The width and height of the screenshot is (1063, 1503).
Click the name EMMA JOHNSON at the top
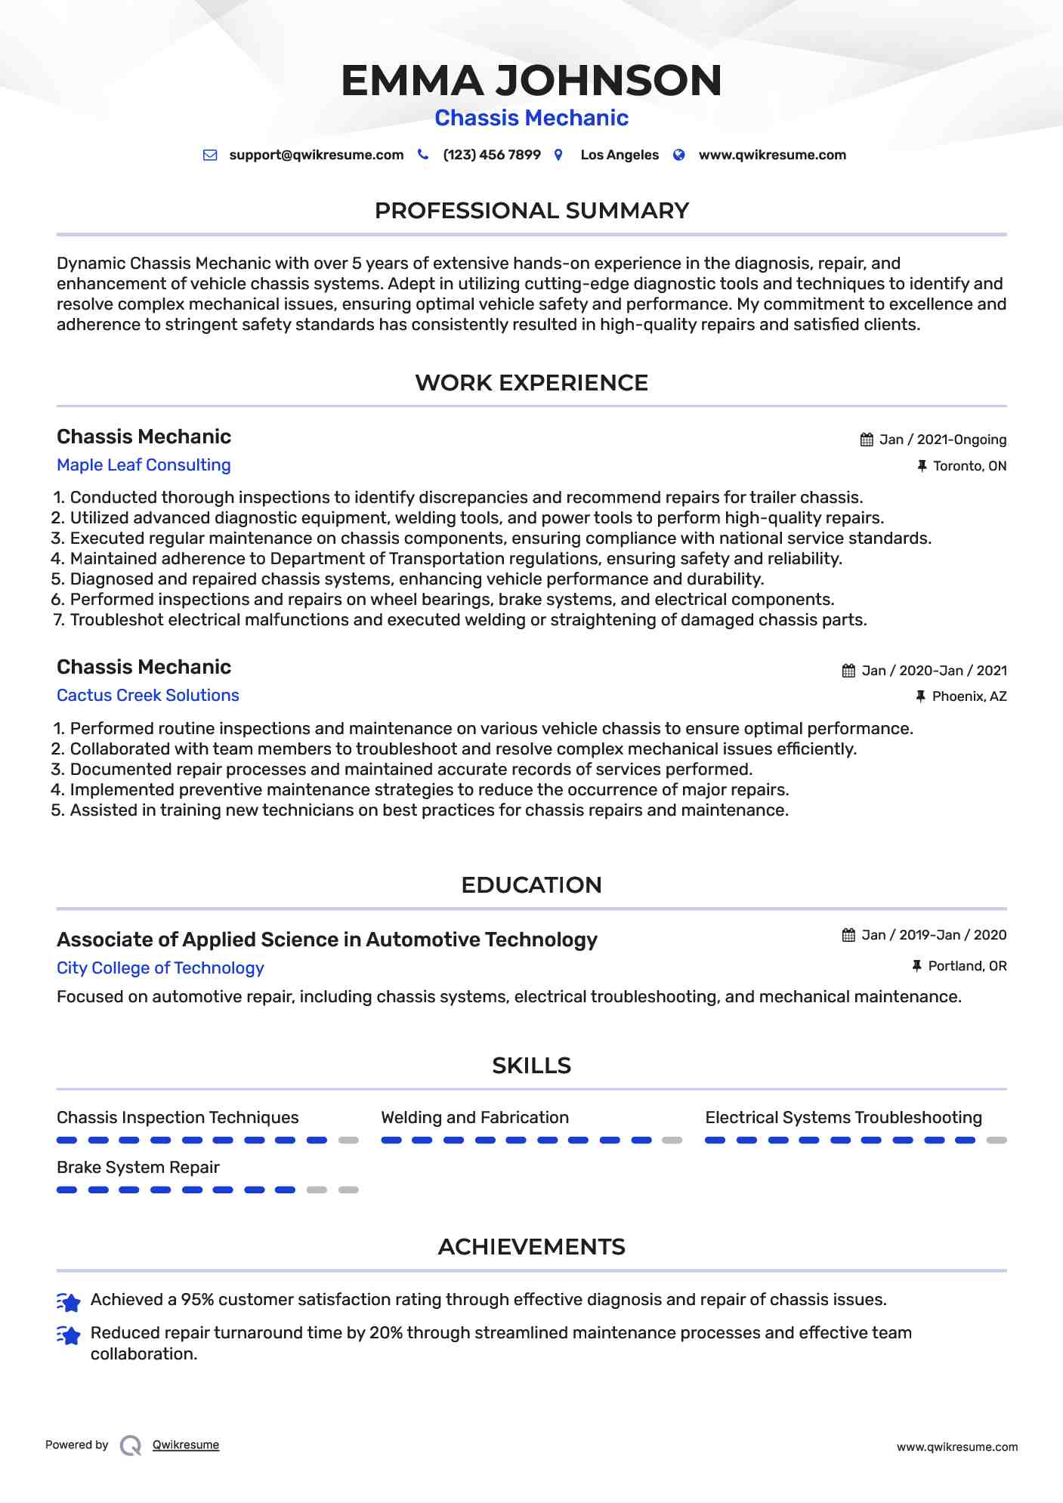tap(531, 81)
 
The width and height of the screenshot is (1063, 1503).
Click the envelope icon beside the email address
tap(210, 155)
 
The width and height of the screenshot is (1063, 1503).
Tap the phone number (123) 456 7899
tap(491, 155)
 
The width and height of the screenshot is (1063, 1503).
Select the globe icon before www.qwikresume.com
tap(679, 155)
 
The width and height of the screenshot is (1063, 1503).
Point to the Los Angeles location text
tap(619, 155)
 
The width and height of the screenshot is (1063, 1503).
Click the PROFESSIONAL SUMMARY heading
tap(531, 211)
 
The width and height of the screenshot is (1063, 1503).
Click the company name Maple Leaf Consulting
tap(144, 465)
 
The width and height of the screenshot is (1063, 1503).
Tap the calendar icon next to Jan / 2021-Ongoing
tap(867, 440)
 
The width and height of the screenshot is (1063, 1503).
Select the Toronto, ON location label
tap(969, 466)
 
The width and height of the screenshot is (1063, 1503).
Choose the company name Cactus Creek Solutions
tap(148, 696)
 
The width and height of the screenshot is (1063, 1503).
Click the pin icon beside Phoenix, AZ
tap(920, 696)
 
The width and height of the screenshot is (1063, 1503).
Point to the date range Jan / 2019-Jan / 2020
tap(934, 935)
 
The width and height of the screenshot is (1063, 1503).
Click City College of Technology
tap(160, 968)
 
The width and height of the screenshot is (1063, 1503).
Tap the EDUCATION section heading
tap(531, 885)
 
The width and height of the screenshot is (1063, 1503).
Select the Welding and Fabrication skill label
tap(474, 1118)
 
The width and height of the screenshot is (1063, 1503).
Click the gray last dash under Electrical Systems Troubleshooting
tap(997, 1140)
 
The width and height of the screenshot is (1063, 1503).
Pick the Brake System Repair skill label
tap(138, 1168)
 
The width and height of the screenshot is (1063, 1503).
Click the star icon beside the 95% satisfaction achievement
tap(69, 1301)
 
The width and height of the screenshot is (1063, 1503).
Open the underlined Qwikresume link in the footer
tap(186, 1445)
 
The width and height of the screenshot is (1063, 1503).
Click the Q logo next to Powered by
tap(131, 1446)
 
